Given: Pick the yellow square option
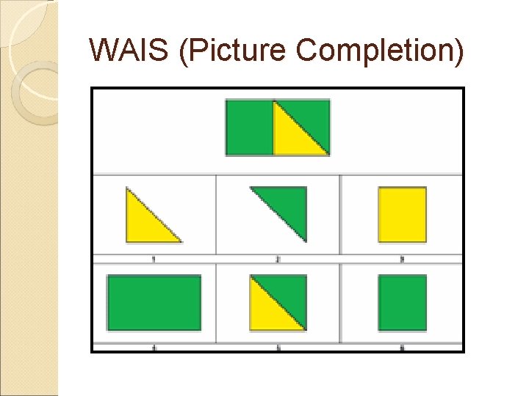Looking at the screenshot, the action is [x=402, y=214].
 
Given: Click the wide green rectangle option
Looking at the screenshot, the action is [x=154, y=302].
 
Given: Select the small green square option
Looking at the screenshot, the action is [x=402, y=302].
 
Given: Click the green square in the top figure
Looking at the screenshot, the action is [x=249, y=128].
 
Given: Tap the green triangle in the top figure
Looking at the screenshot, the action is [x=312, y=117].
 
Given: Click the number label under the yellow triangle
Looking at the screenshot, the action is [x=154, y=259].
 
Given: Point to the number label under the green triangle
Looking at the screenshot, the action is [x=278, y=259].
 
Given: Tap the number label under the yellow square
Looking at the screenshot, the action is [x=402, y=259].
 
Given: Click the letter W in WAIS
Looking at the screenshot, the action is [x=102, y=50].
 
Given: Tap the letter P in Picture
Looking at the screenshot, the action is [x=198, y=50].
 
